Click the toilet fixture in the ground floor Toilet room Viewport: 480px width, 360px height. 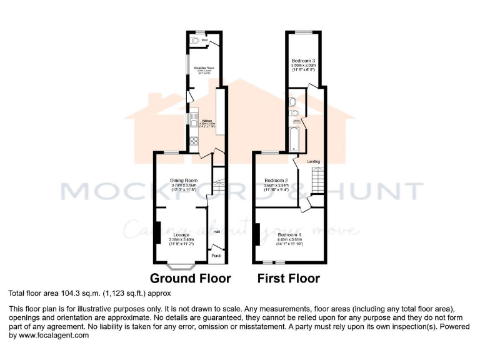coord(198,41)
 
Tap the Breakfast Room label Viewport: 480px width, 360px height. coord(204,67)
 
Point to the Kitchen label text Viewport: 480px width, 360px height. coord(206,121)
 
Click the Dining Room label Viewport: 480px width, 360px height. coord(183,181)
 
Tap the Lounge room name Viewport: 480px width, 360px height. coord(181,234)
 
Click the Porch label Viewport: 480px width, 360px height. coord(217,256)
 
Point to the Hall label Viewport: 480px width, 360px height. coord(217,232)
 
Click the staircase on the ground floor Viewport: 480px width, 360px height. coord(217,184)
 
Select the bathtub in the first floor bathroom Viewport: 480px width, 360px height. coord(294,139)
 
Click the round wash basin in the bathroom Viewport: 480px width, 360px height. coord(292,101)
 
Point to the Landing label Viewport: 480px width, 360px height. coord(313,161)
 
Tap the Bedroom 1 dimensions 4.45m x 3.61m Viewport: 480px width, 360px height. coord(289,239)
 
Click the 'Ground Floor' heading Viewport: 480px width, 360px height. coord(191,279)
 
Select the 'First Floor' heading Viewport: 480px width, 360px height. coord(288,279)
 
